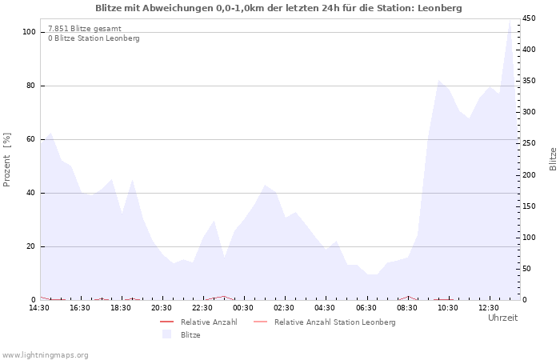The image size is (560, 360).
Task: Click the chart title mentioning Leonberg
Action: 278,8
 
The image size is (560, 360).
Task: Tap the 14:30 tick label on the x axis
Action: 39,308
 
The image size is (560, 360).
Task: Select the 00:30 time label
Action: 243,308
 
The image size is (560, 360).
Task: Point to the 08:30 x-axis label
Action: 406,308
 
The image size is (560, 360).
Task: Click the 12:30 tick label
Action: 488,308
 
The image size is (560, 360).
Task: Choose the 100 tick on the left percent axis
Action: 30,32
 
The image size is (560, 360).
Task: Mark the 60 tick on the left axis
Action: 32,139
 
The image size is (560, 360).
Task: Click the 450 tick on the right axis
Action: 529,18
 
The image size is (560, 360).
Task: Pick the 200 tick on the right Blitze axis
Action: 529,174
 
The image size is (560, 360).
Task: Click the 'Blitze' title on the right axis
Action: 552,158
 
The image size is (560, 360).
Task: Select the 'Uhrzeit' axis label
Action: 502,318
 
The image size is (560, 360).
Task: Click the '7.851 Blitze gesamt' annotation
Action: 85,28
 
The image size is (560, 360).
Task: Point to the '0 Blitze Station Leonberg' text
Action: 94,38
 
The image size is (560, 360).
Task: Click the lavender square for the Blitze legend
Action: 167,334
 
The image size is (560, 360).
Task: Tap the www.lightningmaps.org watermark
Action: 45,354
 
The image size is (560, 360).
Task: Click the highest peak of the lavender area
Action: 510,20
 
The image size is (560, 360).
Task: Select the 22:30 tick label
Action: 202,308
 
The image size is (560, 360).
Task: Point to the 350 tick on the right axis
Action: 529,81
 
